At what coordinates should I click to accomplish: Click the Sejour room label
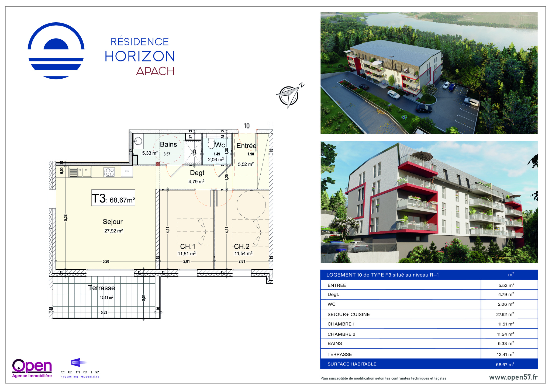point(113,222)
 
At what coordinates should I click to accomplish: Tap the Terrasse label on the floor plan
point(101,288)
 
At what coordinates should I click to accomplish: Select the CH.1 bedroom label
point(188,246)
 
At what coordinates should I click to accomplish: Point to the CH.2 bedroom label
point(241,246)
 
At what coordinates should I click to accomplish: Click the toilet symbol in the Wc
point(211,144)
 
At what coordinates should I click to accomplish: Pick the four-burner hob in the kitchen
point(109,172)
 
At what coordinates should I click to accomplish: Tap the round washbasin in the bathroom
point(138,141)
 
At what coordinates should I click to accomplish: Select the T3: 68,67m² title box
point(113,198)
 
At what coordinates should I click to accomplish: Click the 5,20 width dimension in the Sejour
point(106,261)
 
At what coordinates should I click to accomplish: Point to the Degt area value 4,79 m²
point(196,182)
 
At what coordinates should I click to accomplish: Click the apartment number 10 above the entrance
point(247,126)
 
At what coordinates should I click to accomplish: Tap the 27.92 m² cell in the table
point(505,314)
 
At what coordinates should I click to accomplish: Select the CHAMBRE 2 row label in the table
point(341,334)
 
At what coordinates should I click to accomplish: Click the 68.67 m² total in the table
point(505,364)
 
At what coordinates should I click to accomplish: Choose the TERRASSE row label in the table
point(340,354)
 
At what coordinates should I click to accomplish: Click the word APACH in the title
point(155,71)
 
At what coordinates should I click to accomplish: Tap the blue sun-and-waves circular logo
point(56,51)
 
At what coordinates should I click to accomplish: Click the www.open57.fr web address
point(513,377)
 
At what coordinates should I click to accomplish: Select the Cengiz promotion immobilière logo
point(80,368)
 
